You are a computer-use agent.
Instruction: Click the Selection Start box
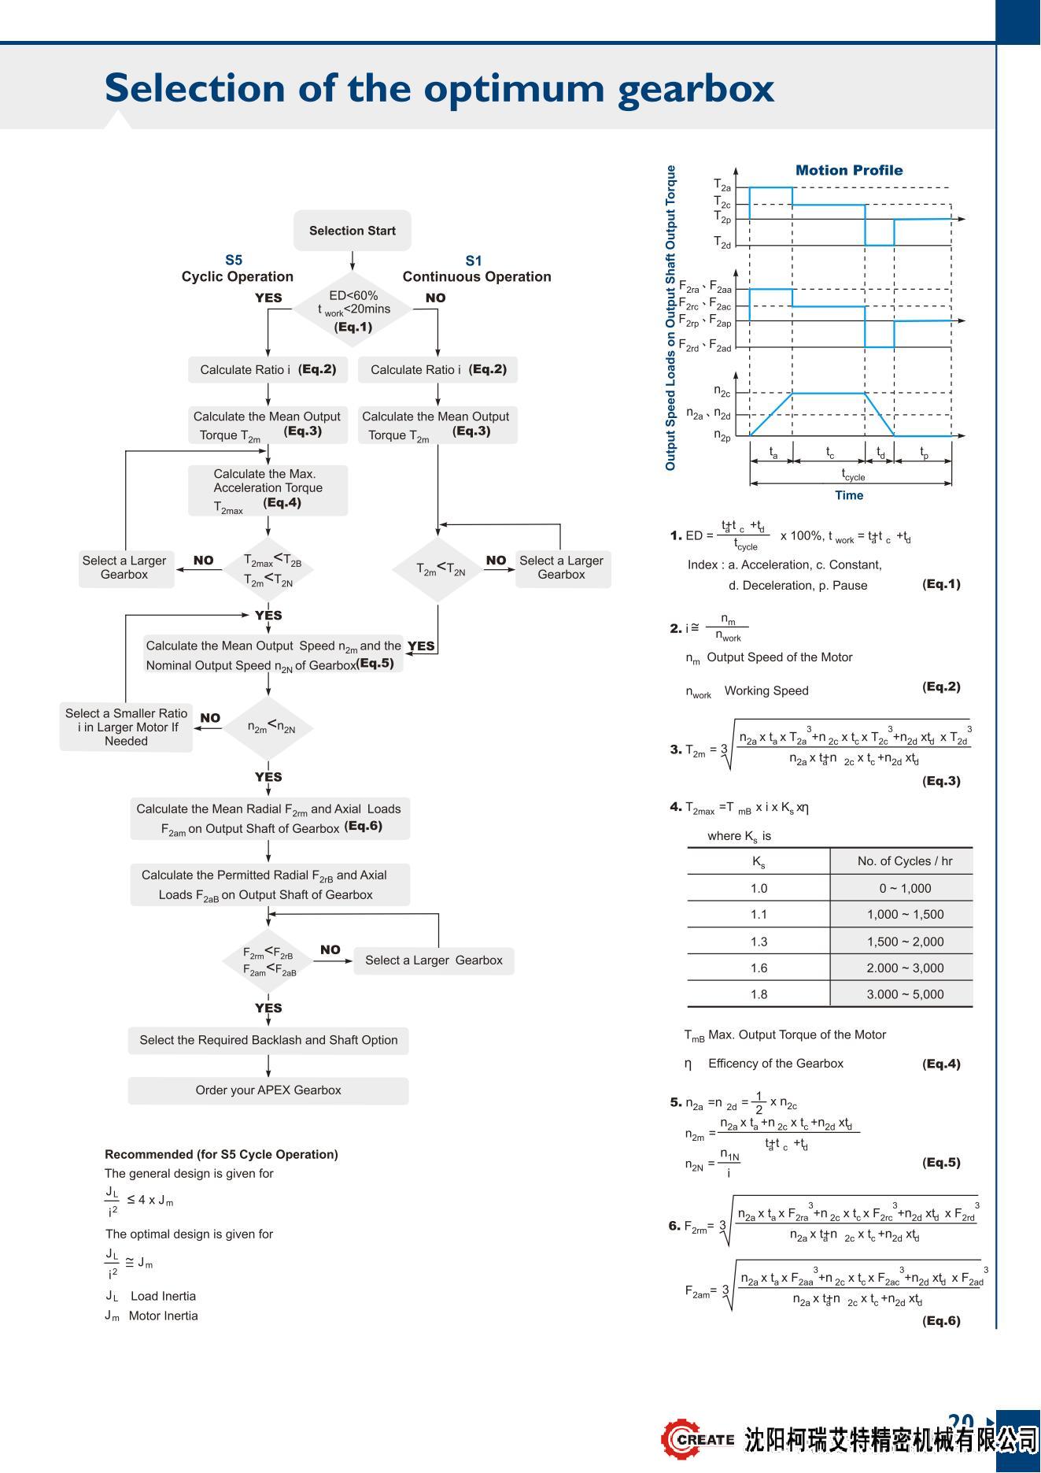(352, 231)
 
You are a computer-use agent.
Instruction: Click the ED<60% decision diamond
(353, 309)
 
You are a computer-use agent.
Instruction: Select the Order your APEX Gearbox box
(268, 1090)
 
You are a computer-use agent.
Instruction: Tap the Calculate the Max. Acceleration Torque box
(268, 490)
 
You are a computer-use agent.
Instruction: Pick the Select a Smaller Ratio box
(126, 727)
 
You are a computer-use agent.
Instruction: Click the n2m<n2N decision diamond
(269, 727)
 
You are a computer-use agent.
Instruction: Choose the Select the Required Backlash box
(268, 1040)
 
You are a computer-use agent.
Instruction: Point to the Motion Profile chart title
(848, 170)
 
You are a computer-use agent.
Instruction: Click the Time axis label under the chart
(849, 495)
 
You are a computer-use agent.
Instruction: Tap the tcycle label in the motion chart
(853, 476)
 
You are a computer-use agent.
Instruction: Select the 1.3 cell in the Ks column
(759, 942)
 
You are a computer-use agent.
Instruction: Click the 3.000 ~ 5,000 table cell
(905, 994)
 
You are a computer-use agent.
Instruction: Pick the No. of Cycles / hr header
(905, 861)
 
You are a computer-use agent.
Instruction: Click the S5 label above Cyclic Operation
(234, 260)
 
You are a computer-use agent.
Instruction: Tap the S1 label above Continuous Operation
(474, 261)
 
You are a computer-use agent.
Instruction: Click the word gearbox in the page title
(696, 88)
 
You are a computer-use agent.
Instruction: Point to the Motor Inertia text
(163, 1316)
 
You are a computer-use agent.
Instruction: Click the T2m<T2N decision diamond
(438, 569)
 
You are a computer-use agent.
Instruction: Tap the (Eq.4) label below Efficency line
(941, 1064)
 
